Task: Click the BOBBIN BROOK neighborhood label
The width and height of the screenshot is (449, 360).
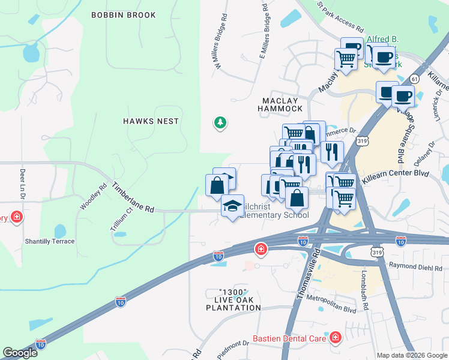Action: click(124, 15)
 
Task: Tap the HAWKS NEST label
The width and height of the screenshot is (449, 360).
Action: click(151, 121)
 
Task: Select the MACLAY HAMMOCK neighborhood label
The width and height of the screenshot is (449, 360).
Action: click(280, 104)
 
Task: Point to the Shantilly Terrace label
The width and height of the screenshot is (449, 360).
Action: click(50, 241)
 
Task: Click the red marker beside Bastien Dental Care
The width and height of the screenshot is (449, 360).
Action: click(334, 339)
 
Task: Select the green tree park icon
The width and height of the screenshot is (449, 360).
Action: click(220, 124)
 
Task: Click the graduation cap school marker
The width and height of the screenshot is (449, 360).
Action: click(232, 206)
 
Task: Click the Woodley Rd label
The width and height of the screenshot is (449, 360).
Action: click(93, 196)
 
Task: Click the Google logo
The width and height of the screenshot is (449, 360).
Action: click(20, 353)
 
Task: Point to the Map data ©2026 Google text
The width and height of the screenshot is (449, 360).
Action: click(411, 355)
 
